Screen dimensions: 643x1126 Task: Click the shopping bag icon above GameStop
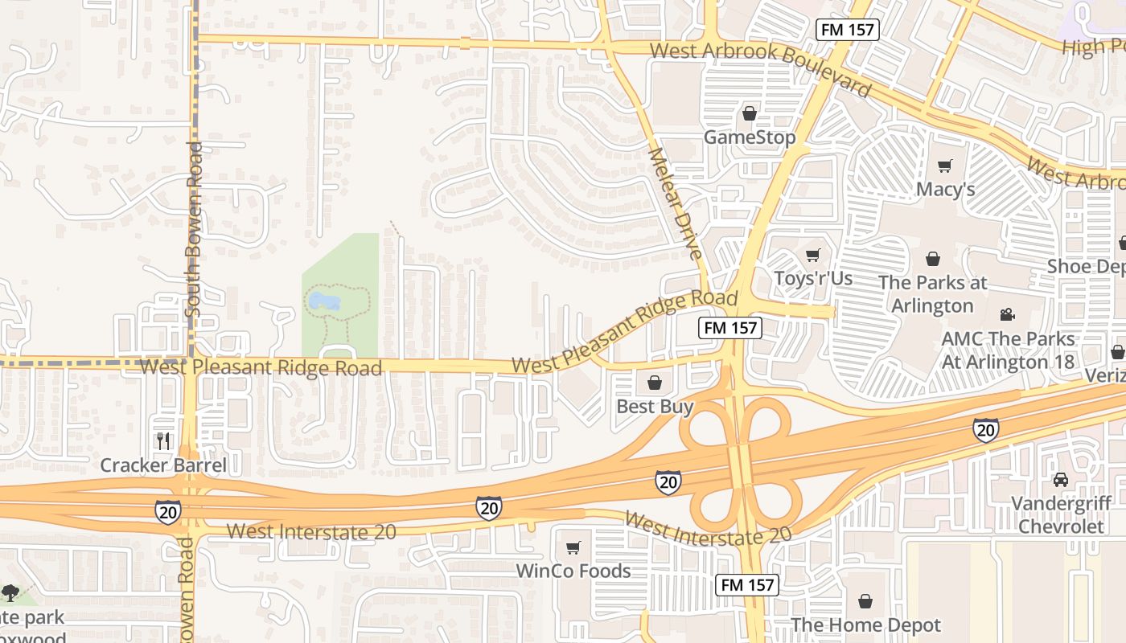click(x=750, y=114)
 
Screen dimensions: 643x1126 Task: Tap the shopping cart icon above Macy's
click(x=945, y=166)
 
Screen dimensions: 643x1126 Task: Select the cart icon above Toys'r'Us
click(x=812, y=256)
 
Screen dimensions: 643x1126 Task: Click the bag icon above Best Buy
click(x=655, y=382)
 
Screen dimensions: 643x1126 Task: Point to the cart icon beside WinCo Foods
click(x=573, y=548)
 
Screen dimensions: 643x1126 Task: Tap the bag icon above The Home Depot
click(x=865, y=601)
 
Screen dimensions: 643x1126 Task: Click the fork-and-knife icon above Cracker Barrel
click(x=163, y=441)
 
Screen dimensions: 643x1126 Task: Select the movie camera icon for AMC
click(x=1007, y=314)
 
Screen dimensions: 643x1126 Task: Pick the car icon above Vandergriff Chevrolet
click(x=1061, y=480)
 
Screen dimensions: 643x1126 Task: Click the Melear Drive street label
click(x=676, y=203)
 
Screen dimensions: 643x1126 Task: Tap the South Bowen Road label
click(x=194, y=229)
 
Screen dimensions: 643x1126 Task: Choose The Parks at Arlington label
click(x=932, y=294)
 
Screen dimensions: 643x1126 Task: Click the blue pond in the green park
click(x=323, y=301)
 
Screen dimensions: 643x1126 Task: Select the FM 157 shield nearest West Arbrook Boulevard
click(x=847, y=31)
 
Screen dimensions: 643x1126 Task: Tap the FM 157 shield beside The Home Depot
click(x=747, y=585)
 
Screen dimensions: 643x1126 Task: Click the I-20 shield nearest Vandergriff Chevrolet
click(x=986, y=430)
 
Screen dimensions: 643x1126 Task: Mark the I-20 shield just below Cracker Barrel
click(x=168, y=511)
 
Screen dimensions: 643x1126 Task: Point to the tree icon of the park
click(x=10, y=593)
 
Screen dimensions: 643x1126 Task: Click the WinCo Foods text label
click(x=573, y=571)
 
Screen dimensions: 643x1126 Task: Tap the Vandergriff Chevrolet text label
click(x=1061, y=515)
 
